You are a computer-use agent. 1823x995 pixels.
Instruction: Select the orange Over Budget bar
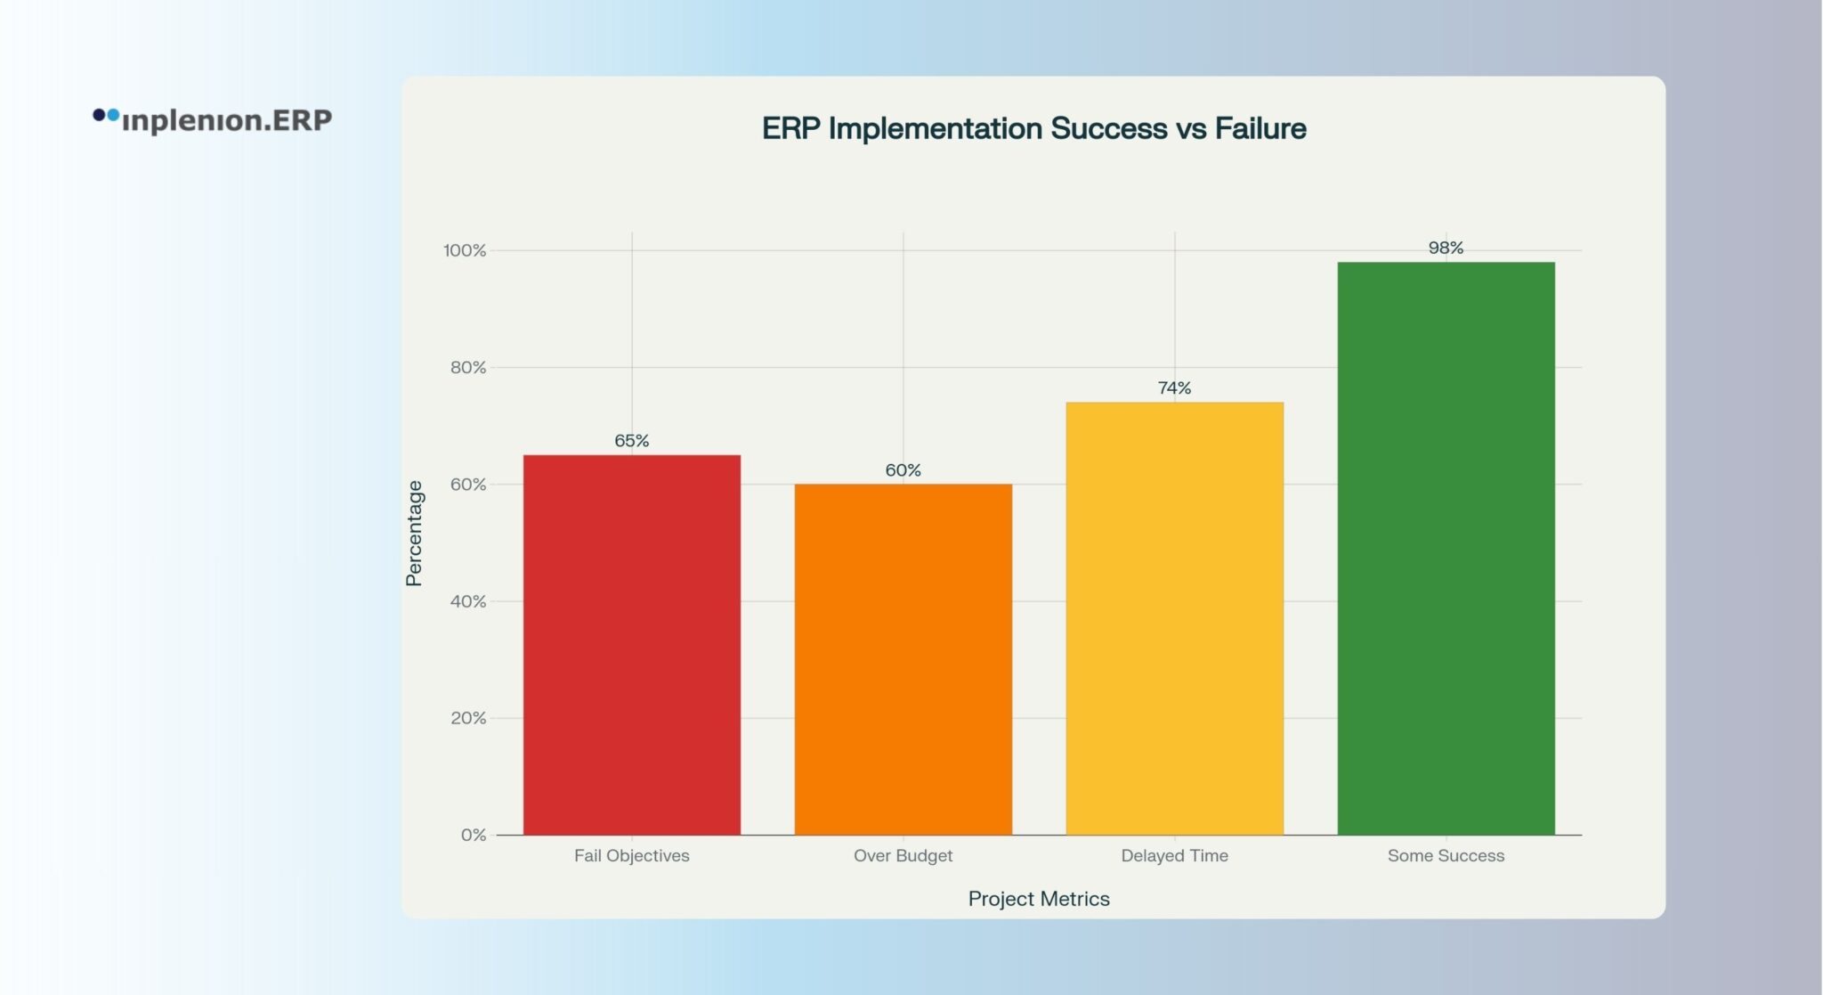pyautogui.click(x=903, y=659)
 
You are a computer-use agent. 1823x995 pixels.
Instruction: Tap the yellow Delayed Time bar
pyautogui.click(x=1174, y=618)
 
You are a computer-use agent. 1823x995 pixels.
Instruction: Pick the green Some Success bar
pyautogui.click(x=1446, y=548)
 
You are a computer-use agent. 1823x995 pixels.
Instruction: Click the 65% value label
pyautogui.click(x=631, y=440)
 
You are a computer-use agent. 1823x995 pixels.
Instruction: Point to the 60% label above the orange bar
pyautogui.click(x=903, y=469)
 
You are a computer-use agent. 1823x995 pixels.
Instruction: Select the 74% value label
pyautogui.click(x=1174, y=387)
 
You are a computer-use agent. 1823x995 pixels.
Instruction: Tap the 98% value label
pyautogui.click(x=1446, y=248)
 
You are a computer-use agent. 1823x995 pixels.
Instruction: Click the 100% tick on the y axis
pyautogui.click(x=465, y=250)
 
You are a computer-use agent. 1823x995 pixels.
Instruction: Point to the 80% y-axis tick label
pyautogui.click(x=468, y=367)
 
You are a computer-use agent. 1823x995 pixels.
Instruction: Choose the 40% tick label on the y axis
pyautogui.click(x=468, y=601)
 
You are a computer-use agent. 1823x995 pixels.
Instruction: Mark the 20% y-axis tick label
pyautogui.click(x=468, y=718)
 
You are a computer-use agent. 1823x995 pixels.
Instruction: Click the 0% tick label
pyautogui.click(x=474, y=835)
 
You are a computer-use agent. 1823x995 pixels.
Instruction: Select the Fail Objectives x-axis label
pyautogui.click(x=631, y=855)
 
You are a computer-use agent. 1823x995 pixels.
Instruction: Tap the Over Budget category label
pyautogui.click(x=903, y=855)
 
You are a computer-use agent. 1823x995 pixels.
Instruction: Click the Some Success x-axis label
pyautogui.click(x=1446, y=855)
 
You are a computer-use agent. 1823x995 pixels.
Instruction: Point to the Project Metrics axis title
pyautogui.click(x=1039, y=899)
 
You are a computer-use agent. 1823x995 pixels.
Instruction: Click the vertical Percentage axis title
pyautogui.click(x=414, y=533)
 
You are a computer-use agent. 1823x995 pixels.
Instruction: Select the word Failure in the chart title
pyautogui.click(x=1260, y=128)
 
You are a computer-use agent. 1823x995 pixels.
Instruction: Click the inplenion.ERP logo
pyautogui.click(x=213, y=119)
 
